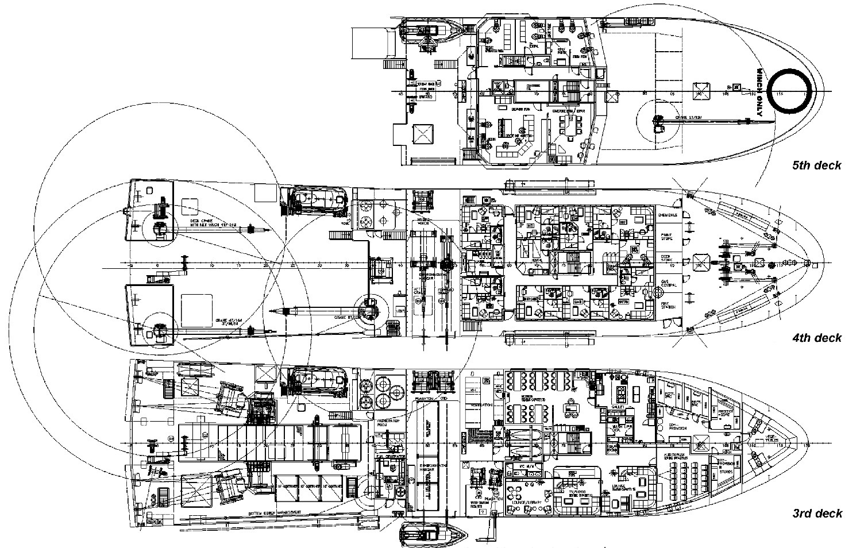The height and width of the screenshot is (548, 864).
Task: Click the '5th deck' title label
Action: (816, 165)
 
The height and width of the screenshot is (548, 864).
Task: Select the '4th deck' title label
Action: (816, 338)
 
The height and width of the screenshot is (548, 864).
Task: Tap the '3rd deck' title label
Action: (816, 513)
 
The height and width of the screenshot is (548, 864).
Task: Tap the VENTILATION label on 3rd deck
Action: (482, 405)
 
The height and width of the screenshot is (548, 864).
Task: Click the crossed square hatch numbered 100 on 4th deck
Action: (700, 264)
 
